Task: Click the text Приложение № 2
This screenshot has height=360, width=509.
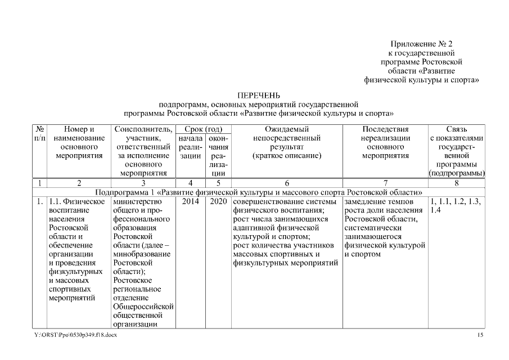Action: pyautogui.click(x=421, y=44)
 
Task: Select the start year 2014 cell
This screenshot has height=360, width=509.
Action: pyautogui.click(x=191, y=201)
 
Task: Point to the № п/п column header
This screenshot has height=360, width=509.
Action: pyautogui.click(x=39, y=133)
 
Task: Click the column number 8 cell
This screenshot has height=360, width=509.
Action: pyautogui.click(x=456, y=183)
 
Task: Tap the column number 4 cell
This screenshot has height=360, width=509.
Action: pyautogui.click(x=191, y=183)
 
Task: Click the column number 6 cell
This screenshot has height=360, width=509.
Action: pyautogui.click(x=286, y=183)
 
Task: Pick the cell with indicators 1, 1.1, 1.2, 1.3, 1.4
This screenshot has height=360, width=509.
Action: pyautogui.click(x=456, y=205)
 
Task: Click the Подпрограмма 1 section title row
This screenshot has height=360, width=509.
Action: pyautogui.click(x=259, y=192)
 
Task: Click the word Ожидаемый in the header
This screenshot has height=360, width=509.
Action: pyautogui.click(x=286, y=129)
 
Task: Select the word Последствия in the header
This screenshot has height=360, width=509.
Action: pyautogui.click(x=385, y=129)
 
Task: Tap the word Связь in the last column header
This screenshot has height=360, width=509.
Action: pyautogui.click(x=456, y=129)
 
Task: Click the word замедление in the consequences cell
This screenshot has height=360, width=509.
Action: pyautogui.click(x=363, y=201)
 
